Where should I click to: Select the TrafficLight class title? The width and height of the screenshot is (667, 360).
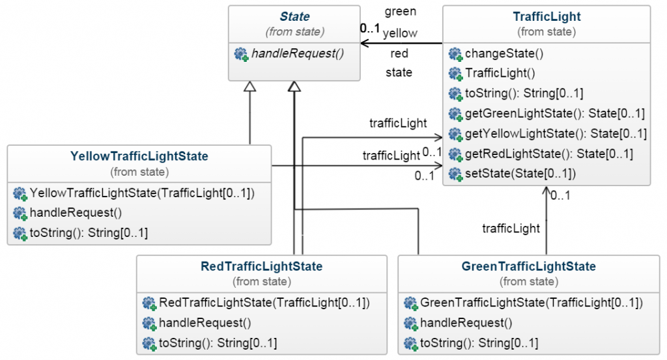546,17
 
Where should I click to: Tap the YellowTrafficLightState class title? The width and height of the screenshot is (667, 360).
139,156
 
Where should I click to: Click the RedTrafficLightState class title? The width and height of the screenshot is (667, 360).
261,266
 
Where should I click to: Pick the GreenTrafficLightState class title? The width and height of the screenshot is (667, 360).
528,266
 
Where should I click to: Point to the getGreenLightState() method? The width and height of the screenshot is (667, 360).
554,114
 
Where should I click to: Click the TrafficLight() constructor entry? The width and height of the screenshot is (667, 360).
500,74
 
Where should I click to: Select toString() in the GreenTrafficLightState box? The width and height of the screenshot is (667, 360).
479,343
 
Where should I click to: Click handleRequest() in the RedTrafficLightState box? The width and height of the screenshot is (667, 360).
205,323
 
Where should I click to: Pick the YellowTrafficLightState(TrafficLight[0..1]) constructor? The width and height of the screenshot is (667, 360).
142,193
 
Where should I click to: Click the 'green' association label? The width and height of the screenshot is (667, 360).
400,11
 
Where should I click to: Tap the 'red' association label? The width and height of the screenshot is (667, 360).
399,53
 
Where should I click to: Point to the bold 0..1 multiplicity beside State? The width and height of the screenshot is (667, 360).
370,29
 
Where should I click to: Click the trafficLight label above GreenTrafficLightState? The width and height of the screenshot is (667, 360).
511,228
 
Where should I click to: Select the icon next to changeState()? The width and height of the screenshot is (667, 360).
455,54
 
